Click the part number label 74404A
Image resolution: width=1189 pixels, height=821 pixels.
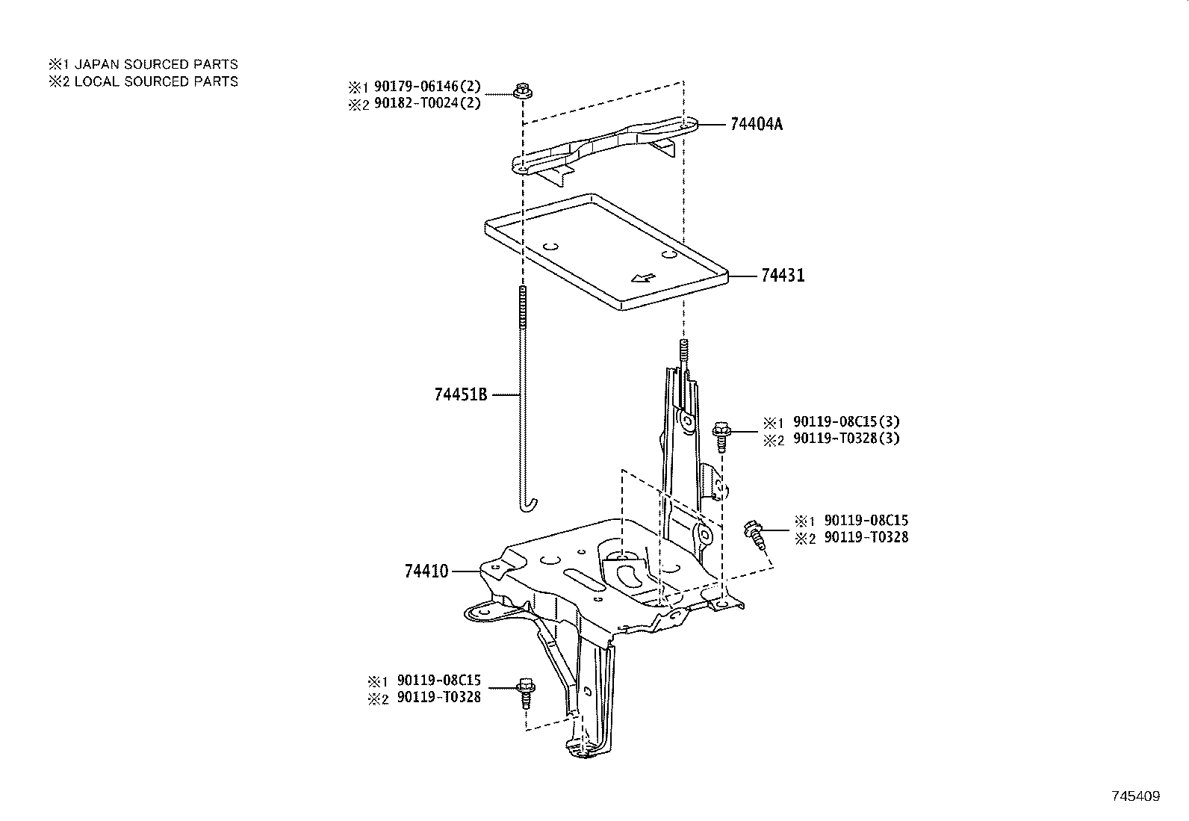pos(756,124)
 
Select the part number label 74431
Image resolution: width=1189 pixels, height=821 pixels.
pos(783,276)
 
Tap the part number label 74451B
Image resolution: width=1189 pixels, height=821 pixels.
pos(460,394)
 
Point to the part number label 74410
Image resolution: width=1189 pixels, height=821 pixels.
pos(426,571)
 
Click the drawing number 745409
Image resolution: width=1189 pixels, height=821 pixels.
pos(1135,796)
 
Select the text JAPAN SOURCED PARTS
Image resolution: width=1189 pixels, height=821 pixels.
pos(156,65)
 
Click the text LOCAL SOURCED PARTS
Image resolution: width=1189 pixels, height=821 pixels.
pos(156,81)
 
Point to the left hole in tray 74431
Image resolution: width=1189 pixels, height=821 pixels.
pos(551,245)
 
